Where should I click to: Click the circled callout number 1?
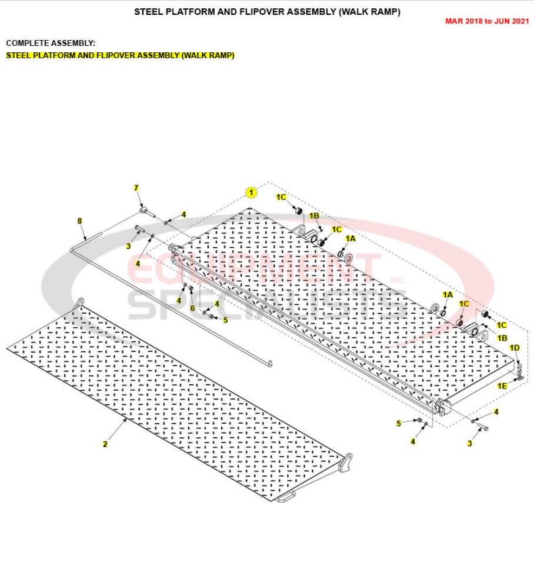[252, 192]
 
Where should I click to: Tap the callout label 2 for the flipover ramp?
[105, 444]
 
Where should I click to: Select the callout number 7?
[136, 188]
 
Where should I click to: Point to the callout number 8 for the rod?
[80, 221]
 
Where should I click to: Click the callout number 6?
[192, 308]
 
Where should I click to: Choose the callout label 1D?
[515, 348]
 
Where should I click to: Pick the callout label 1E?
[502, 386]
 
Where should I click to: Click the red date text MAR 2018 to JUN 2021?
[487, 21]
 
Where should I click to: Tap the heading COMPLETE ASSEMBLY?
[51, 44]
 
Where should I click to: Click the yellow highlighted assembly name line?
[120, 55]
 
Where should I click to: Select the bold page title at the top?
[267, 12]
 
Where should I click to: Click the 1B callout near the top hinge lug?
[314, 216]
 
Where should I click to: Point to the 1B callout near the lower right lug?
[502, 338]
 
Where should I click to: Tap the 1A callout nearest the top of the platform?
[351, 238]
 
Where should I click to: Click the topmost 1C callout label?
[281, 197]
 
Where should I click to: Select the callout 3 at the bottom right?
[469, 444]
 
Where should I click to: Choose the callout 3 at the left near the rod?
[128, 246]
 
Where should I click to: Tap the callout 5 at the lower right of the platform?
[399, 423]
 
